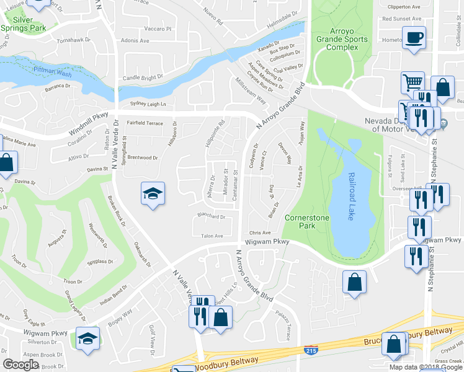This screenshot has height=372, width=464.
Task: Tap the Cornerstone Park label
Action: click(300, 221)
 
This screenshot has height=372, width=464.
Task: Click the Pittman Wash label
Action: click(53, 72)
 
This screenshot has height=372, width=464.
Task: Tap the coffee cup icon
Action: click(414, 38)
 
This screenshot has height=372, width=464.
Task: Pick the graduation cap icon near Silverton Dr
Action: click(87, 339)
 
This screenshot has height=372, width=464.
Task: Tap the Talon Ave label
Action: click(212, 236)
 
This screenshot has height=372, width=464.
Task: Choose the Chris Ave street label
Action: click(261, 232)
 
